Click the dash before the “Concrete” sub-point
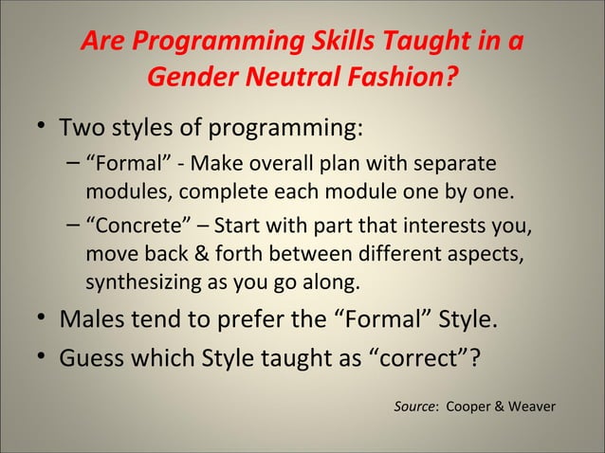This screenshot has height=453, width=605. pos(74,228)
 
